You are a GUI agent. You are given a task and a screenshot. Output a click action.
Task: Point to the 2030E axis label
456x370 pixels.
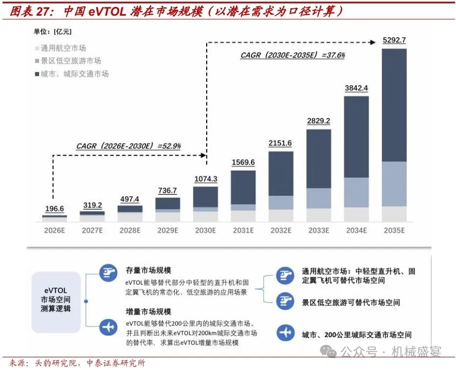click(205, 230)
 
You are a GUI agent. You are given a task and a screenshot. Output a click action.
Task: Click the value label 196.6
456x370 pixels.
click(54, 209)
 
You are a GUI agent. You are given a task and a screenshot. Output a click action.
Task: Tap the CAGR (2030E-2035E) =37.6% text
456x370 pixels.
click(292, 55)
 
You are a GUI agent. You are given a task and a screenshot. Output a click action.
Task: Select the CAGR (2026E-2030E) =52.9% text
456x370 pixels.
click(128, 145)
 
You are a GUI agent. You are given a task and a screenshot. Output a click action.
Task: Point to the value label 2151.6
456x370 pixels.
click(281, 143)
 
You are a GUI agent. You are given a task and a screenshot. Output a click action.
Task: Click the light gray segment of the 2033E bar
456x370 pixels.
click(318, 215)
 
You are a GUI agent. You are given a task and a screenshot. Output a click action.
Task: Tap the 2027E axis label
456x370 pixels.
click(92, 230)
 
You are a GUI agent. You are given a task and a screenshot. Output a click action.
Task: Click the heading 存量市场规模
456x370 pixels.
click(145, 271)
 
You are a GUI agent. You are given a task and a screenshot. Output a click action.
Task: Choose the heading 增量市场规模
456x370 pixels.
click(145, 311)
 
